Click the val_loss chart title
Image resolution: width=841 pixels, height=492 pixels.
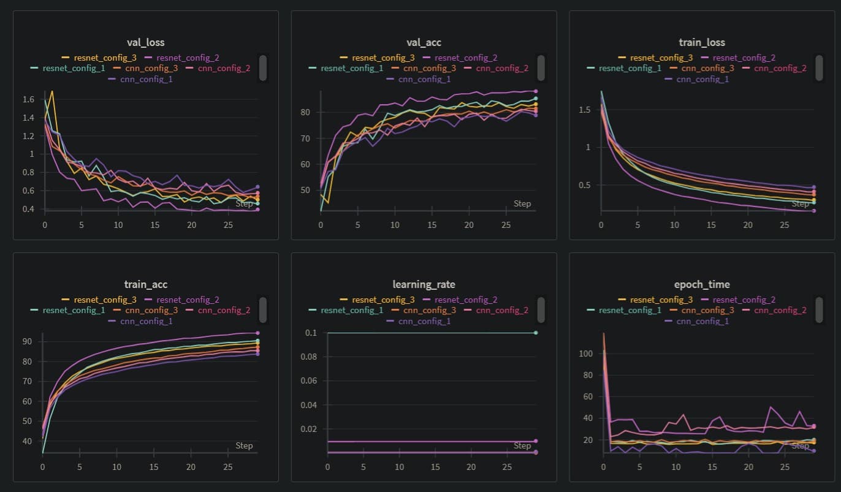(145, 42)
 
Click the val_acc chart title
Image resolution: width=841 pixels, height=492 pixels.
(424, 42)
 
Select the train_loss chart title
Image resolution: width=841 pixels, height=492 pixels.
(702, 42)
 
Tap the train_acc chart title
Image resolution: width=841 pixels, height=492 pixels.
(145, 284)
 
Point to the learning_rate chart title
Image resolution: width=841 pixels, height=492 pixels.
(424, 284)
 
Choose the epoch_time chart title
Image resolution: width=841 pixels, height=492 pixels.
(702, 284)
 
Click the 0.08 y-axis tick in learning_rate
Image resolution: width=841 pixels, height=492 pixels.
(311, 357)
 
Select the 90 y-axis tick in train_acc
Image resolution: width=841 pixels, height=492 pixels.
(27, 341)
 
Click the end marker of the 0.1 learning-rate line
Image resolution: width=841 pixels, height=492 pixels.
(536, 333)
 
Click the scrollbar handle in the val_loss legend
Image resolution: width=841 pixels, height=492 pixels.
(263, 68)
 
